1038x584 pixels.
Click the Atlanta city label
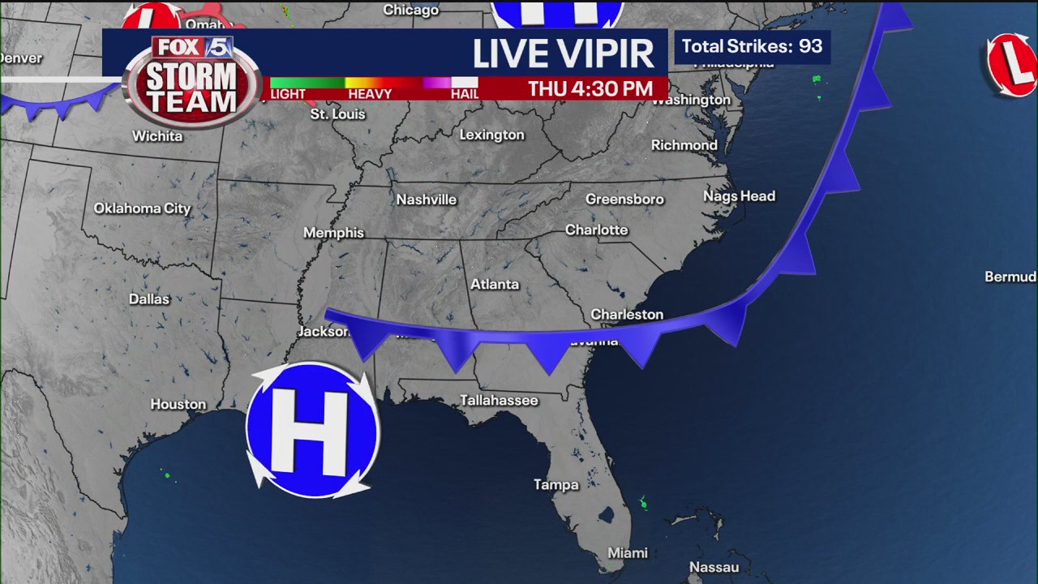[495, 284]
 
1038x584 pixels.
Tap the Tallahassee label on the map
[499, 400]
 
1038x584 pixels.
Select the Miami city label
[628, 552]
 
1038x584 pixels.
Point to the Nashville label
[427, 200]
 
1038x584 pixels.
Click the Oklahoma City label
[142, 208]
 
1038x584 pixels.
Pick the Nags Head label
[739, 196]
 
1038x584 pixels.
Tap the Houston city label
[178, 404]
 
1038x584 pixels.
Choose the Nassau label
[714, 567]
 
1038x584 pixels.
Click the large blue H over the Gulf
[312, 430]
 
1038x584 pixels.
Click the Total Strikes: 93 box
[752, 46]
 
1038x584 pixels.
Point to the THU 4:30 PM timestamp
[590, 89]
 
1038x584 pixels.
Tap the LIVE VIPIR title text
[563, 54]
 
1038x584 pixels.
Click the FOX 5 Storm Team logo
[192, 81]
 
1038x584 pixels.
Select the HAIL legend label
[465, 94]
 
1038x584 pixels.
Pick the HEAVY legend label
[370, 94]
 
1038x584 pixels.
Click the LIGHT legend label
[288, 94]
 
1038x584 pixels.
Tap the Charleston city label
[627, 314]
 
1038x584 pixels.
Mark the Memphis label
[333, 233]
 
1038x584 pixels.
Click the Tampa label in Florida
[556, 484]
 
